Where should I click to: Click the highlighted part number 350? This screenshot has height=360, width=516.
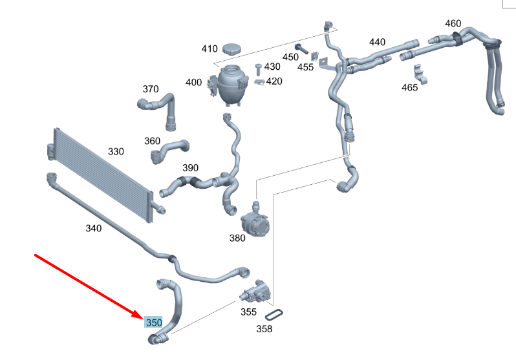pos(153,322)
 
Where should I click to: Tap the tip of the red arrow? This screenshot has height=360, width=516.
pos(142,317)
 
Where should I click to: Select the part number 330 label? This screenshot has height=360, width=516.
pos(115,152)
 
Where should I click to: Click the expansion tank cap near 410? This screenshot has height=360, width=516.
pos(231,48)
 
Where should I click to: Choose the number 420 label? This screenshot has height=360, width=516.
pos(274,81)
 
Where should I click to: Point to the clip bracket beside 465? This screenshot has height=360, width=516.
pos(420,74)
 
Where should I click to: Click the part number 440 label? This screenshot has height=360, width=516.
pos(377,43)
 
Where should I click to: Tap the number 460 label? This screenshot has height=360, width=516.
pos(453,24)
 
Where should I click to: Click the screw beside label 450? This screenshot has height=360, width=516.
pos(302,48)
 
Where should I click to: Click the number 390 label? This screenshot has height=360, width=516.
pos(190,168)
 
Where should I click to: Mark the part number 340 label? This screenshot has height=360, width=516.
pos(94,228)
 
